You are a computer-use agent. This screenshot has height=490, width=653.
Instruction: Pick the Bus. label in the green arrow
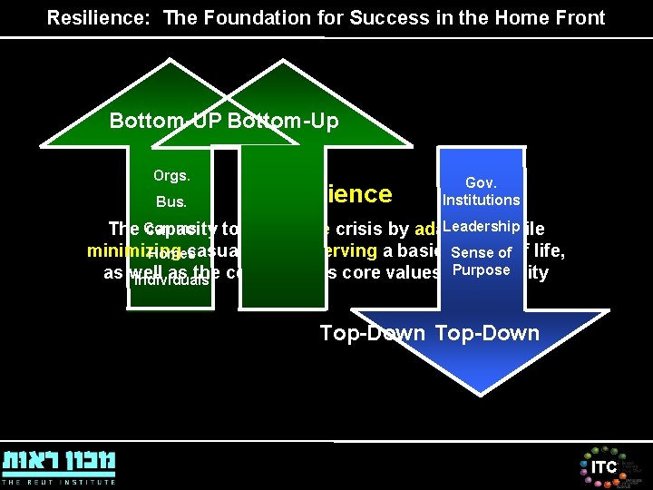171,201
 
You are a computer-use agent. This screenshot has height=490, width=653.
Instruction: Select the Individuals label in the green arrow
171,280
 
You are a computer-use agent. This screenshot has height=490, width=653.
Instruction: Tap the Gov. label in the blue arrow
481,182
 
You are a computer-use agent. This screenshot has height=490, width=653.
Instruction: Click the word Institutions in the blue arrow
481,200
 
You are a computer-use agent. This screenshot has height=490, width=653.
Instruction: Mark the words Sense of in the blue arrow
481,252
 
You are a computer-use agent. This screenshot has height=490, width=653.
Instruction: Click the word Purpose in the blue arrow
481,270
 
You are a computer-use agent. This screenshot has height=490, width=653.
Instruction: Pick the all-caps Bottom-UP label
165,121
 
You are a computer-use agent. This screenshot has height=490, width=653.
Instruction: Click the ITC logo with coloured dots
603,466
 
